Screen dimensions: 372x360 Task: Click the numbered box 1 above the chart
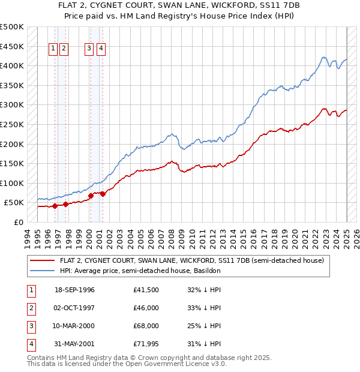coord(53,50)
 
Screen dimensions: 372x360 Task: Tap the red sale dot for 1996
coord(55,206)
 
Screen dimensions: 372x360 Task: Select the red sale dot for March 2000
coord(91,196)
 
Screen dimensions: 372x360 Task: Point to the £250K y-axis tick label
coord(12,124)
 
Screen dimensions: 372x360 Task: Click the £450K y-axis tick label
coord(12,46)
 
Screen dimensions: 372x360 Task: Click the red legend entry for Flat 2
coord(192,260)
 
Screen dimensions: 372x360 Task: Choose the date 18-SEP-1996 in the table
coord(74,290)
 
